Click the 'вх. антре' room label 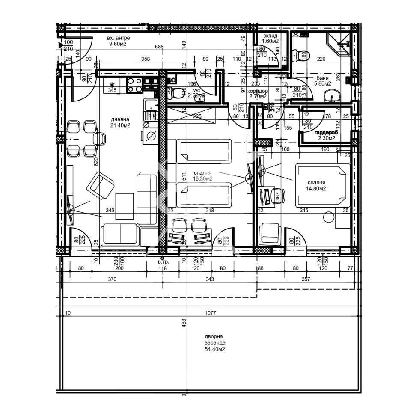pos(119,38)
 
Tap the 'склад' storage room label pos(270,36)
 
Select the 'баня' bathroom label pos(323,78)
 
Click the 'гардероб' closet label pos(326,133)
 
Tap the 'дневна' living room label pos(120,119)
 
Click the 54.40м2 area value pos(215,349)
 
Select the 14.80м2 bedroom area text pos(316,188)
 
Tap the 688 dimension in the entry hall pos(159,47)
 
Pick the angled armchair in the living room pos(101,186)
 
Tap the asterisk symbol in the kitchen pos(113,84)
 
